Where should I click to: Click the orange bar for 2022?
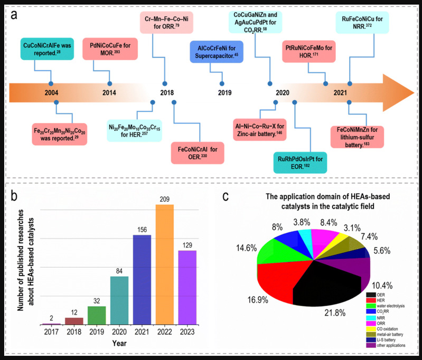pos(165,264)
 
